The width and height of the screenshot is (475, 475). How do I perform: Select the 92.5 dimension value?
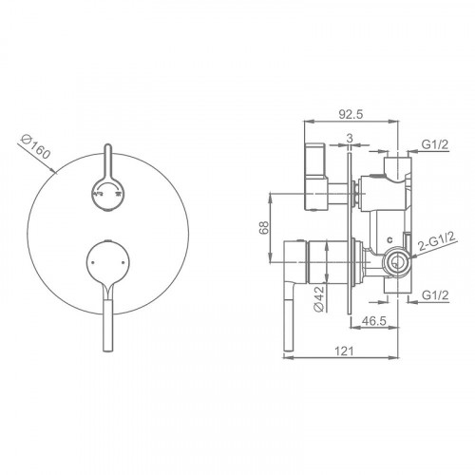(351, 114)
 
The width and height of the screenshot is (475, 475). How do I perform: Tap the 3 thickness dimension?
(350, 138)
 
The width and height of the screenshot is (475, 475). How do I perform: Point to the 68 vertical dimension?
(264, 227)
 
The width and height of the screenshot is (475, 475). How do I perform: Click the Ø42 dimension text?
(319, 298)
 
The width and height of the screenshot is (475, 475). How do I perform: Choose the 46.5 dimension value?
(374, 321)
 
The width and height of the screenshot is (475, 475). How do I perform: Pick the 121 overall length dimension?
(344, 351)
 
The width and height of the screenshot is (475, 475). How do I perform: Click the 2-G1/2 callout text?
(437, 241)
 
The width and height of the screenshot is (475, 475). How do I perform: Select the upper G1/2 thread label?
(435, 144)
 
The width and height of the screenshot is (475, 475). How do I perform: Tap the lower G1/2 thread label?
(435, 295)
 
